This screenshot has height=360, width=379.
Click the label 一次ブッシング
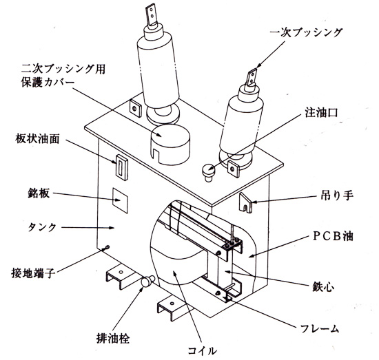(x=306, y=33)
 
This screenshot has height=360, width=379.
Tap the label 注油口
(x=321, y=112)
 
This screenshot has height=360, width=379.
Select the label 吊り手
(x=337, y=195)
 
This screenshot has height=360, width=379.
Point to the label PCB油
(x=333, y=236)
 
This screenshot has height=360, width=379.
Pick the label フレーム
(x=320, y=328)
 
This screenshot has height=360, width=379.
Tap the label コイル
(x=203, y=350)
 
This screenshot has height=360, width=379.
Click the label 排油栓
(x=113, y=338)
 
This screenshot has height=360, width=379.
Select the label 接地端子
(x=33, y=273)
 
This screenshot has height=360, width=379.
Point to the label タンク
(x=42, y=227)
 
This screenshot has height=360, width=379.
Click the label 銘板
(x=39, y=193)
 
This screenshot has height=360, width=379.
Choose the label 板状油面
(x=37, y=139)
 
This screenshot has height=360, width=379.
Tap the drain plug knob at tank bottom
(x=147, y=281)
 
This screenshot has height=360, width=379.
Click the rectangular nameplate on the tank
(x=120, y=200)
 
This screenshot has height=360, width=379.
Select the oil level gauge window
(x=121, y=167)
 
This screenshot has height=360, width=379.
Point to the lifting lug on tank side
(x=246, y=202)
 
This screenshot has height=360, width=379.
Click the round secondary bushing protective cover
(x=170, y=145)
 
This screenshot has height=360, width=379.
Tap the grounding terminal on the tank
(x=107, y=248)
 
